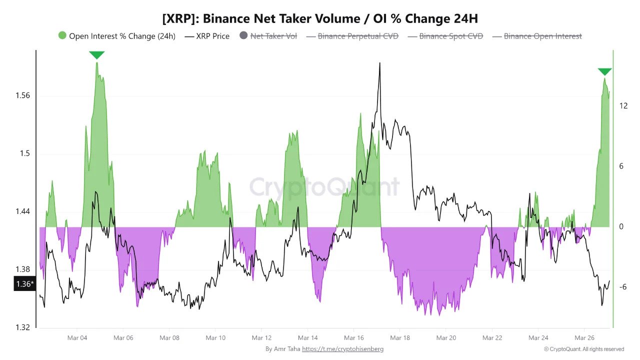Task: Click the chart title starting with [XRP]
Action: (x=320, y=19)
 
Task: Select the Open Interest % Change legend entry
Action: (x=116, y=36)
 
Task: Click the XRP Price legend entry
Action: (x=207, y=36)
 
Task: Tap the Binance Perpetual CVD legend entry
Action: (x=352, y=36)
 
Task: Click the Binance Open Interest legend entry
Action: (x=537, y=36)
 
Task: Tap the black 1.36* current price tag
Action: (x=23, y=284)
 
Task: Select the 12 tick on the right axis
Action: (x=623, y=105)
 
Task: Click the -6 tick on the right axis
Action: (x=623, y=286)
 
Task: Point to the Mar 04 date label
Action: (x=77, y=338)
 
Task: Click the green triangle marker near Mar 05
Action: (x=96, y=55)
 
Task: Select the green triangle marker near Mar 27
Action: (x=605, y=72)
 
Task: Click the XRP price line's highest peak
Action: (x=380, y=63)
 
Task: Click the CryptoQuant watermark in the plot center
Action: (x=324, y=187)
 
